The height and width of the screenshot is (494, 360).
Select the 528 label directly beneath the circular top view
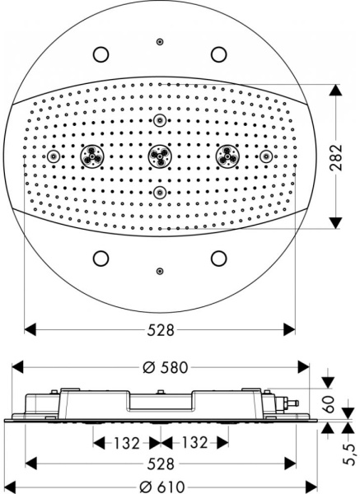160,330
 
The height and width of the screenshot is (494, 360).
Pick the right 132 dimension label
194,442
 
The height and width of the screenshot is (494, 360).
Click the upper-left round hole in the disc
101,54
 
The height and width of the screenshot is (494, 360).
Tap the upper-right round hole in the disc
218,54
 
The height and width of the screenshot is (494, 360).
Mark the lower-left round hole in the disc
101,258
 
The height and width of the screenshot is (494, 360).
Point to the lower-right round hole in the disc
218,258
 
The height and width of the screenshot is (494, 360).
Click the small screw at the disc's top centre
160,42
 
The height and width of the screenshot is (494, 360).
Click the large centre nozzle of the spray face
160,156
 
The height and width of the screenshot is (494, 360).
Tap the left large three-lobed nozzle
91,156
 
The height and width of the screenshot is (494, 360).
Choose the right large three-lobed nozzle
228,156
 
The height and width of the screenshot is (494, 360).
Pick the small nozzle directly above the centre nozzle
160,120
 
